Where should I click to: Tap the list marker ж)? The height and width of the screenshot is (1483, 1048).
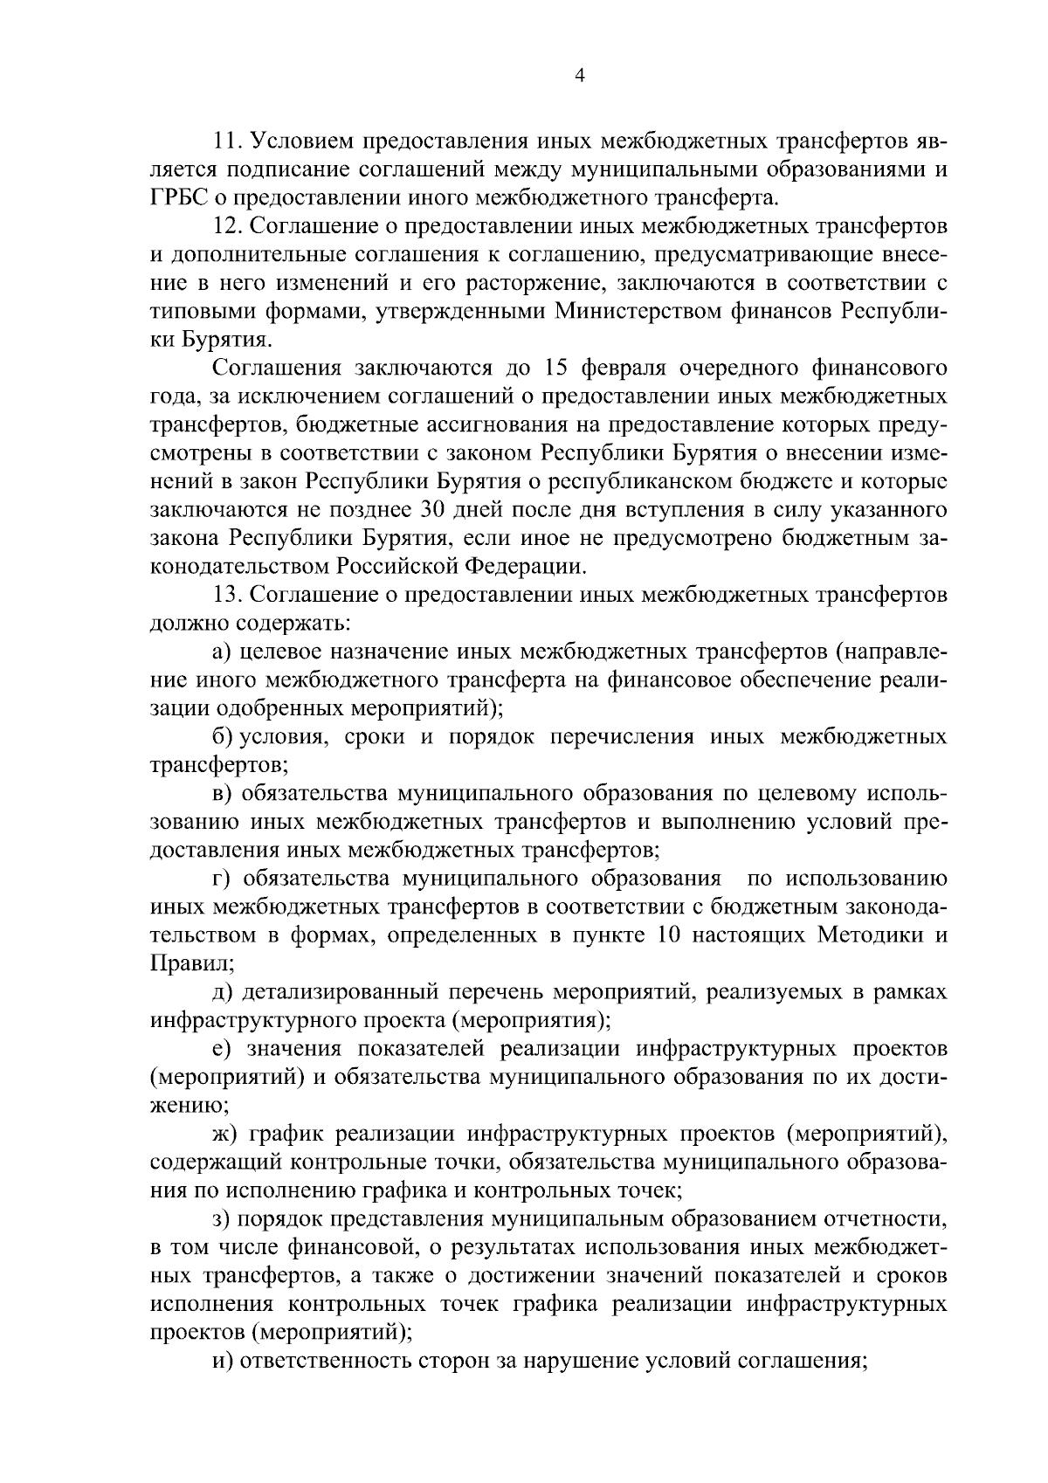[225, 1134]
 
